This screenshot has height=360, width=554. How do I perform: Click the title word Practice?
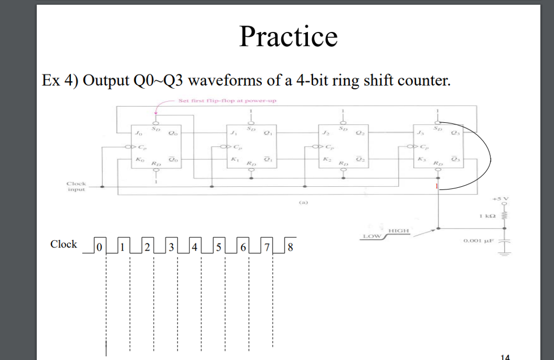[x=288, y=37]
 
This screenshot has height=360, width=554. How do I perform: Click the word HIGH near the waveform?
[x=400, y=231]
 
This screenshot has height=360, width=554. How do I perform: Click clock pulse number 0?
[x=99, y=247]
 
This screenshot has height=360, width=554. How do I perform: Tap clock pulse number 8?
[x=290, y=247]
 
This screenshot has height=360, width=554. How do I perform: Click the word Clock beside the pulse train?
[x=63, y=244]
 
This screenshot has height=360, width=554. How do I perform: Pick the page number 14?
[x=505, y=356]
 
